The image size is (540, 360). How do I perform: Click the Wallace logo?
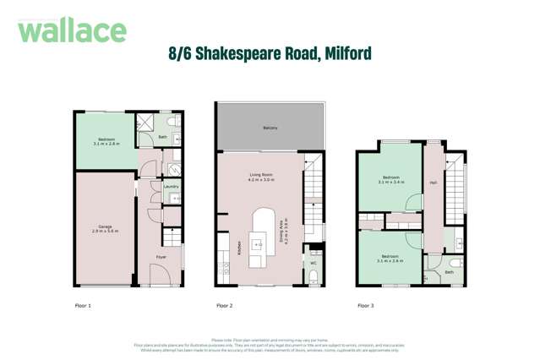[72, 30]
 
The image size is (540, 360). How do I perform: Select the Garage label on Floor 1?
[105, 226]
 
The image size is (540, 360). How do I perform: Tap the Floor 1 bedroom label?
[106, 139]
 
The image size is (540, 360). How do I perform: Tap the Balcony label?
[270, 128]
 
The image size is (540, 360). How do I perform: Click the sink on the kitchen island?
[258, 244]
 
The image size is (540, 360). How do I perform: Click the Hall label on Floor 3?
[433, 183]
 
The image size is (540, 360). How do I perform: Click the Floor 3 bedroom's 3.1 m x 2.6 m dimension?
[390, 261]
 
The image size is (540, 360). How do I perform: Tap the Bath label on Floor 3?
[450, 272]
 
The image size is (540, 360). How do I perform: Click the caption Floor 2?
[224, 305]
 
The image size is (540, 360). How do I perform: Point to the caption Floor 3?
[365, 305]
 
